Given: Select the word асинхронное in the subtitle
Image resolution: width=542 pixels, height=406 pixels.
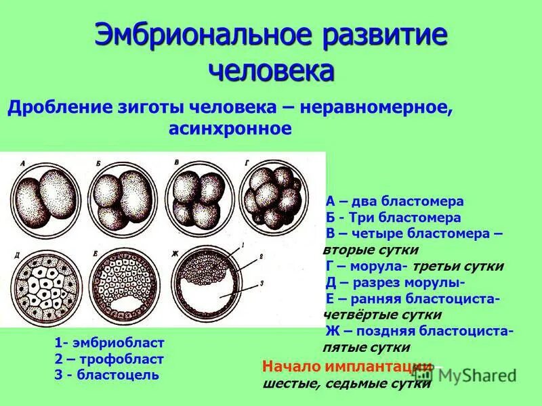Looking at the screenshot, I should click(229, 129).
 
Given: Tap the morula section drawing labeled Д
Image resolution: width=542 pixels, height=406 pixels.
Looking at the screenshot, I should click(41, 288).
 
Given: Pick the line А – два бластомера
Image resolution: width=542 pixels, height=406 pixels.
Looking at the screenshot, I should click(394, 202).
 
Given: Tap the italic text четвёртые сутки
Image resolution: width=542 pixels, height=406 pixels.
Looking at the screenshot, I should click(383, 315).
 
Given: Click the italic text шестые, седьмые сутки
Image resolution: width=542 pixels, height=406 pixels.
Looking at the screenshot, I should click(346, 384).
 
